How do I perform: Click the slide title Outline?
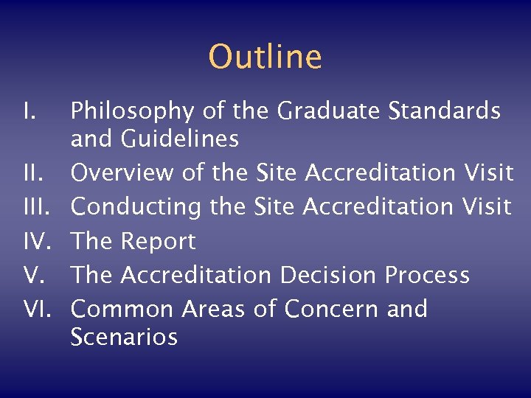pos(265,57)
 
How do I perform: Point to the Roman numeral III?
pos(34,207)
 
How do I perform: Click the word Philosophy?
pos(133,112)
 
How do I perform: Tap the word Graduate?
pos(330,111)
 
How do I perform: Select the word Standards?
pos(445,111)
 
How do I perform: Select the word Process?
pos(427,275)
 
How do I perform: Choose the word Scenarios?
pos(124,337)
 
